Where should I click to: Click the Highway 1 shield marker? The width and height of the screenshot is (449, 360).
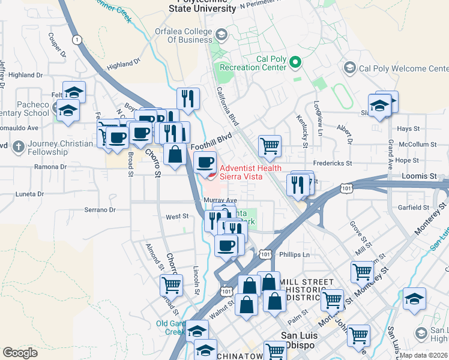76,40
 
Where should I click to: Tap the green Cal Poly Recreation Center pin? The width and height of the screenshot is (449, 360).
295,62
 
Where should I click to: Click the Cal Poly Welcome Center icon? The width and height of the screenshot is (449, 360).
349,68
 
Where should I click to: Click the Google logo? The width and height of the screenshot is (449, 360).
20,353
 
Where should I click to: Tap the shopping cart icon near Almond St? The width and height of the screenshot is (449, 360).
171,284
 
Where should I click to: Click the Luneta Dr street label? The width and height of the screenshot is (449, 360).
29,194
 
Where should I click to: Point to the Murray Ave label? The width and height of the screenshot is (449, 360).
220,200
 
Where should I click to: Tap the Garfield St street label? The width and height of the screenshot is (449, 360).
413,208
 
